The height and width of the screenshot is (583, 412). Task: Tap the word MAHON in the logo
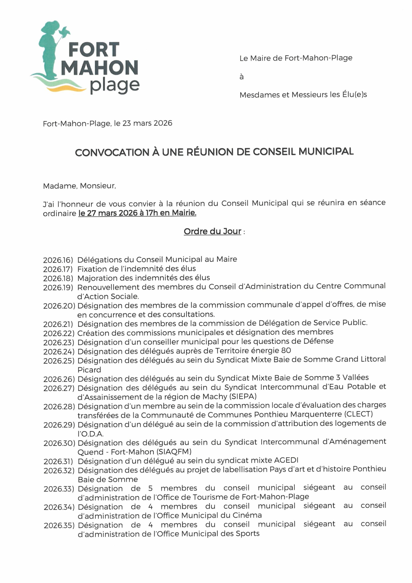pyautogui.click(x=99, y=68)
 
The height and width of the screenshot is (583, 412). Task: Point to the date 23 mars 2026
pyautogui.click(x=147, y=123)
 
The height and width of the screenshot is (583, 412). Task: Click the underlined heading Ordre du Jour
pyautogui.click(x=212, y=231)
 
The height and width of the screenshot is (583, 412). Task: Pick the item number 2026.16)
pyautogui.click(x=58, y=260)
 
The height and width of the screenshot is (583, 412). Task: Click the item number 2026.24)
pyautogui.click(x=59, y=352)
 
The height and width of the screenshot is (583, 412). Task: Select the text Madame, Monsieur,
pyautogui.click(x=79, y=186)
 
